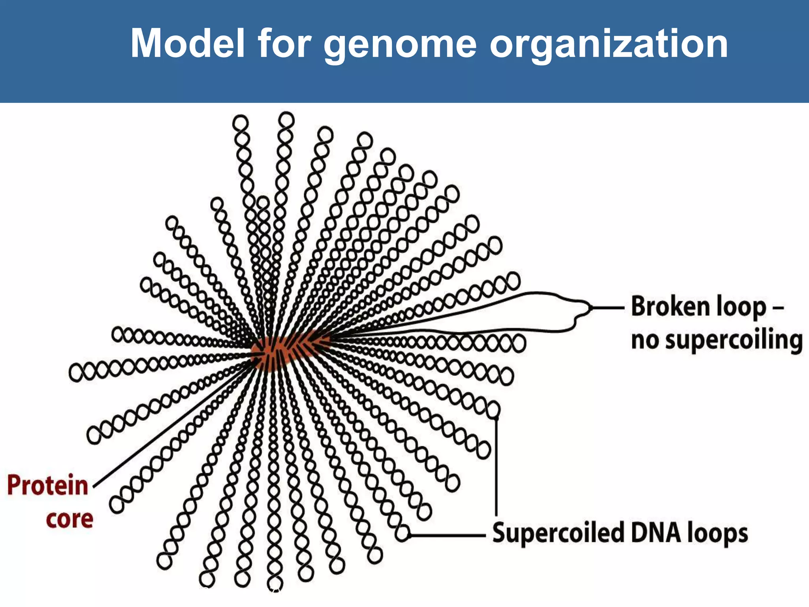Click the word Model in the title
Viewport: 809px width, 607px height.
pyautogui.click(x=188, y=43)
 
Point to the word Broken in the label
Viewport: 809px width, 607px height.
pyautogui.click(x=666, y=307)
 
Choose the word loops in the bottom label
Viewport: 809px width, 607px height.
pyautogui.click(x=717, y=533)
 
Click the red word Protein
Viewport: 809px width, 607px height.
pyautogui.click(x=47, y=485)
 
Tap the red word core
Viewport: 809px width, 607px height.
pyautogui.click(x=70, y=519)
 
